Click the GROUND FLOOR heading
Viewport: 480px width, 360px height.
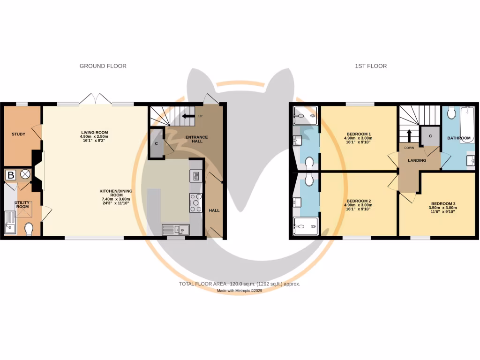pos(103,66)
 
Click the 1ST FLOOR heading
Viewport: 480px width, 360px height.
pos(371,66)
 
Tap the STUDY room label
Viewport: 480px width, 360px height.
pos(18,135)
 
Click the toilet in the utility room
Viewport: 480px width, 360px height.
pos(29,229)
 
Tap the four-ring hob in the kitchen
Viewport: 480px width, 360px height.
pos(196,202)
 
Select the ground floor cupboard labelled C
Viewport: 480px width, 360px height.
pos(156,143)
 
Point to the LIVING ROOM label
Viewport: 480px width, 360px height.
pos(94,133)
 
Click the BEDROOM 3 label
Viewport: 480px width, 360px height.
pos(443,204)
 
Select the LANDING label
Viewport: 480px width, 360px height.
pos(417,161)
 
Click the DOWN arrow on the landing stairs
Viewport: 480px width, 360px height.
pos(409,136)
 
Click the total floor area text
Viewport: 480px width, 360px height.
pos(240,284)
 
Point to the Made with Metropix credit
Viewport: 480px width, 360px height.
pos(240,291)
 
